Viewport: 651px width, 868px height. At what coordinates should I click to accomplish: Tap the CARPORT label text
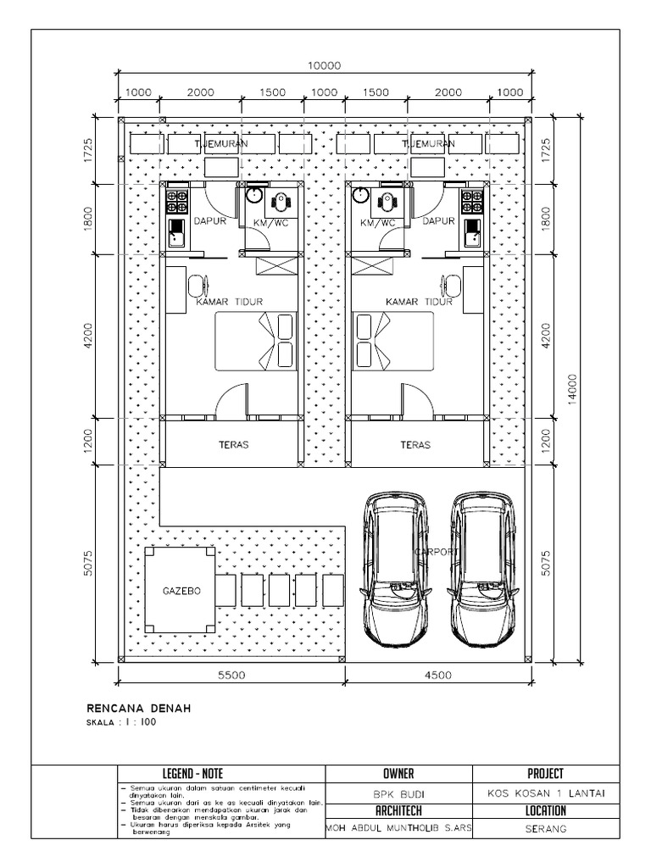coord(437,552)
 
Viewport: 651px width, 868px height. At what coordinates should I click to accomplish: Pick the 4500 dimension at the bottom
coord(437,676)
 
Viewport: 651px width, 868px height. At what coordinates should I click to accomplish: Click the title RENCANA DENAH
coord(139,708)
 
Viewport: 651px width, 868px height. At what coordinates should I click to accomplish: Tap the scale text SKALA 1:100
coord(122,722)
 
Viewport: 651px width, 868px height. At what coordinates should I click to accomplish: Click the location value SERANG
coord(545,830)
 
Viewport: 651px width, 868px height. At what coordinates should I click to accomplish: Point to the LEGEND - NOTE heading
coord(220,774)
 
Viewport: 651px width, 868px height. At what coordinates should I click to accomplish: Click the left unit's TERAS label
coord(233,444)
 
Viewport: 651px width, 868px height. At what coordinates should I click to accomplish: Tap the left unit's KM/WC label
coord(271,223)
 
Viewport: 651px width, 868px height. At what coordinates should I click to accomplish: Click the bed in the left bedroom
coord(255,341)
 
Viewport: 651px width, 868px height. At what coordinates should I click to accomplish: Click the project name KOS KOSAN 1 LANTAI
coord(545,794)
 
